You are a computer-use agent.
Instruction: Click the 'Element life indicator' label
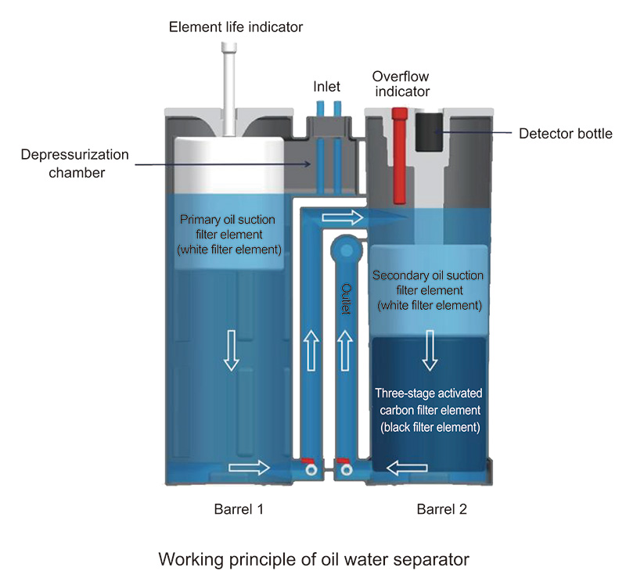tap(236, 28)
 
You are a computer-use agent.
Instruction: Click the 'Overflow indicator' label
tap(401, 84)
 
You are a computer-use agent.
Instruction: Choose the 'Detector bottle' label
tap(565, 134)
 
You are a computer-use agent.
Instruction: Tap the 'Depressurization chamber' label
tap(64, 163)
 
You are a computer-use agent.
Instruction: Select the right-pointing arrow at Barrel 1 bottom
tap(249, 468)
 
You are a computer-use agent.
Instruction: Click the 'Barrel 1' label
tap(239, 509)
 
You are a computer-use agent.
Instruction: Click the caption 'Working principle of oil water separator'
tap(313, 559)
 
